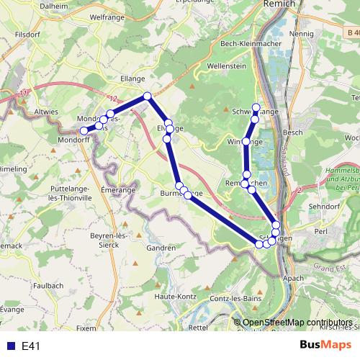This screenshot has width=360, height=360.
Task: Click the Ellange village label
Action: pyautogui.click(x=132, y=78)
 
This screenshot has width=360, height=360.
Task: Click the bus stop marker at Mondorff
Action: pyautogui.click(x=84, y=130)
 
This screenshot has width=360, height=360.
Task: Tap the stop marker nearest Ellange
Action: pyautogui.click(x=147, y=96)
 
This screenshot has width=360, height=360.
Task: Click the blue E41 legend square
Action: pyautogui.click(x=9, y=346)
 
